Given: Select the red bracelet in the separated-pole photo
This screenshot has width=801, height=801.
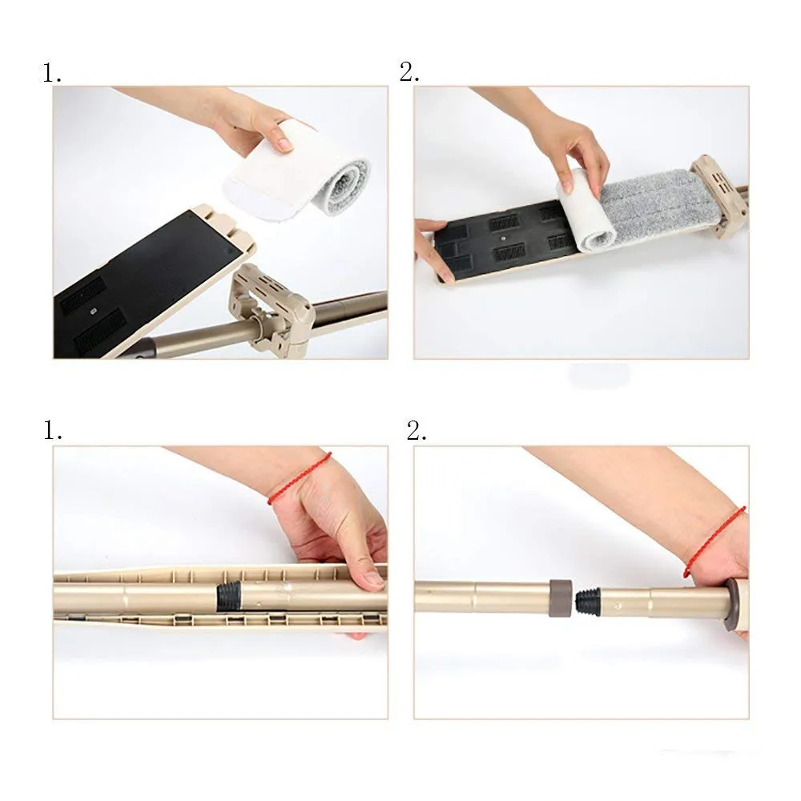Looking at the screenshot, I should [713, 541].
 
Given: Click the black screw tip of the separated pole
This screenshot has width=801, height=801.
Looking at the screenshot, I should [587, 601].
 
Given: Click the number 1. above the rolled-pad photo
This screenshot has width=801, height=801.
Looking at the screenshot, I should [52, 74].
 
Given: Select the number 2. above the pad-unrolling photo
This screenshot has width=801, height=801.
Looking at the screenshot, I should [409, 73].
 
